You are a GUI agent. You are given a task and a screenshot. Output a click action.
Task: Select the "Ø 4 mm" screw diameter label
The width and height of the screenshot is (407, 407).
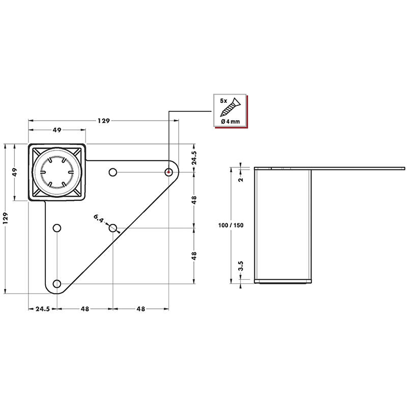(x=230, y=122)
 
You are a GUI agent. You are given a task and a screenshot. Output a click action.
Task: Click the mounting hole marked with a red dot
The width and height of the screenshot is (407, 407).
(x=168, y=172)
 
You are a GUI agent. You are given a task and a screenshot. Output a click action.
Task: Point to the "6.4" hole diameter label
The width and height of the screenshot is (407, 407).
(x=99, y=219)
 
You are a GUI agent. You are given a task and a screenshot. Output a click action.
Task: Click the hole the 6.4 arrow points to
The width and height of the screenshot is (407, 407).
(x=113, y=227)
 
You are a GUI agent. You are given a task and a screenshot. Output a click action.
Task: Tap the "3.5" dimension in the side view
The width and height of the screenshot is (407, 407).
(x=241, y=266)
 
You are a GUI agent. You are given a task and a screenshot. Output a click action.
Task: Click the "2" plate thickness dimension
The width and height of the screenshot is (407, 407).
(x=241, y=179)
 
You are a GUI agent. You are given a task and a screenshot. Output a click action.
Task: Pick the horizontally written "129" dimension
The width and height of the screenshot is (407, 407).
(x=104, y=121)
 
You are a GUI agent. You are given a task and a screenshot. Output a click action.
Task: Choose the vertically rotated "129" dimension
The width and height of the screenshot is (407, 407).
(x=6, y=218)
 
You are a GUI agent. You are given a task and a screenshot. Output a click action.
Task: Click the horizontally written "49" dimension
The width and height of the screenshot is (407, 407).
(x=57, y=130)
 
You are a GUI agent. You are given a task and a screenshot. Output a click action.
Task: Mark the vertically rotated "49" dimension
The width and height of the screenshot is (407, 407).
(x=15, y=172)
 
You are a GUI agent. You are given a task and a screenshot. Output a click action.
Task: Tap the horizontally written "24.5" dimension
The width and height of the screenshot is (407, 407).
(x=42, y=308)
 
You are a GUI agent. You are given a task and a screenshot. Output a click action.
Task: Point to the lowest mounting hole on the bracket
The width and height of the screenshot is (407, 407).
(x=57, y=283)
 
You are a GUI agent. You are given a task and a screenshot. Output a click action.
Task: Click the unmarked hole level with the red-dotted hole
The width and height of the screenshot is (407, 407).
(x=113, y=172)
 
